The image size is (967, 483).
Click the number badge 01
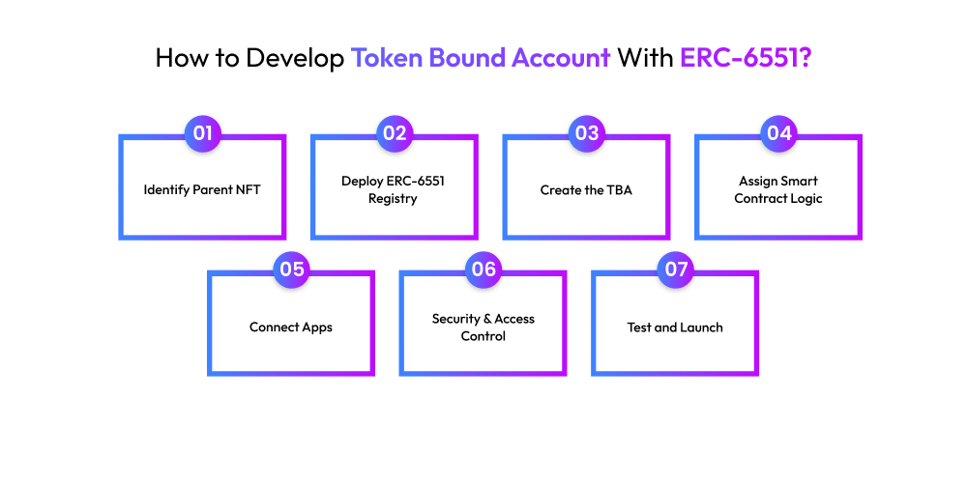point(202,133)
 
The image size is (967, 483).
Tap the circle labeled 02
point(395,133)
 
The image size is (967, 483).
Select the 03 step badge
point(587,133)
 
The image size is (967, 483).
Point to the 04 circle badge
point(778,133)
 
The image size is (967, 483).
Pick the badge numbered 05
point(291,270)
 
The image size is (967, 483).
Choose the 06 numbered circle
point(483,270)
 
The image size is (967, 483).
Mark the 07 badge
point(676,270)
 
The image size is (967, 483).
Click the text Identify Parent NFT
point(202,189)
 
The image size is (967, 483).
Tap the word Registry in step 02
point(395,199)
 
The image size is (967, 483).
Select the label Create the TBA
point(587,189)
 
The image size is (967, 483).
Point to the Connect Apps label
point(291,327)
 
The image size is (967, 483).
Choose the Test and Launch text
point(675,327)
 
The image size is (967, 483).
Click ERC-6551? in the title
point(746,57)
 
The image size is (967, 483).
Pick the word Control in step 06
point(483,336)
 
